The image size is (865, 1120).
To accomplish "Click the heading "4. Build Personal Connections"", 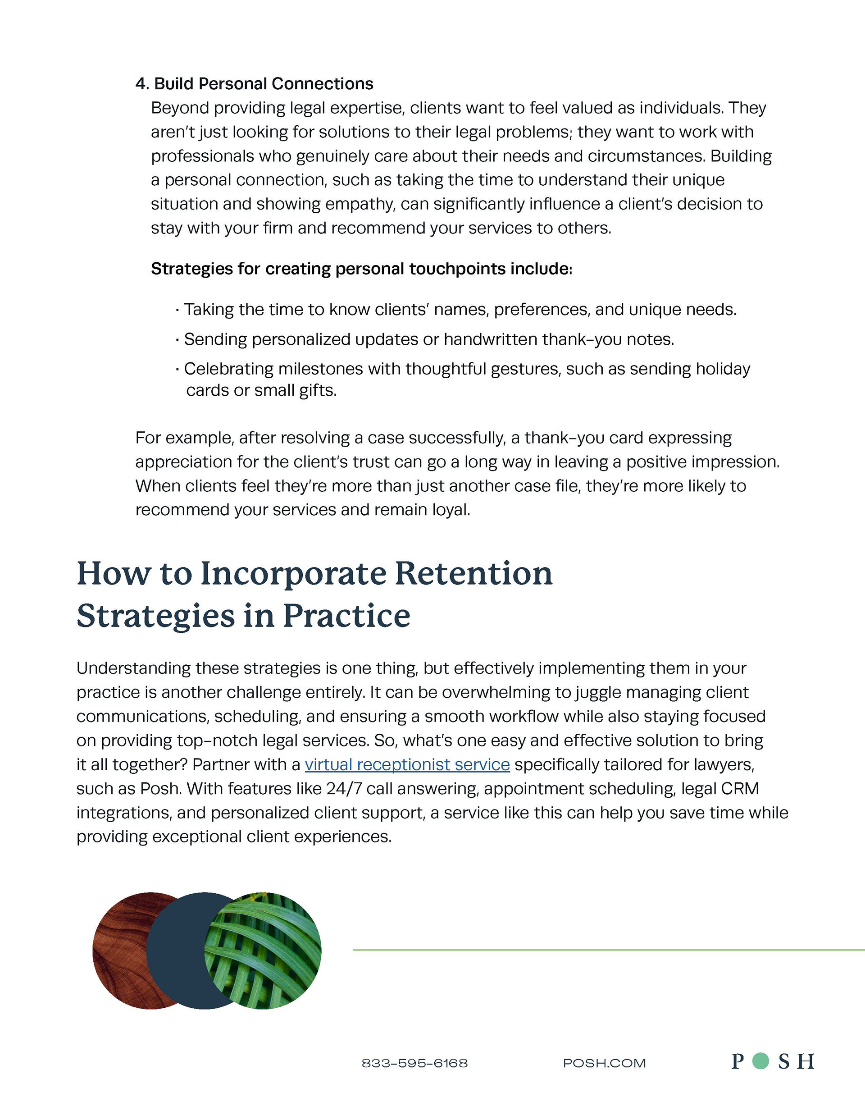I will pos(255,83).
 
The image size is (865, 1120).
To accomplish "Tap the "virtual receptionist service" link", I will pos(407,764).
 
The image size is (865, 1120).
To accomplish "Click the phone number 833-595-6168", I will pos(414,1063).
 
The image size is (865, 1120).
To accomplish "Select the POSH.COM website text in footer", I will pos(604,1063).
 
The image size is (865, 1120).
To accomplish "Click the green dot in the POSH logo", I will pos(760,1061).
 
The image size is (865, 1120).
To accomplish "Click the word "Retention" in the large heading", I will pos(473,573).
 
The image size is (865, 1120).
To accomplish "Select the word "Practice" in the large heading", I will pos(346,616).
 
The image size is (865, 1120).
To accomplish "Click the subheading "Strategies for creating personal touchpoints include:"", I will pos(361,269).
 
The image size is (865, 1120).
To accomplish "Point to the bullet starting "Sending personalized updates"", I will pos(428,339).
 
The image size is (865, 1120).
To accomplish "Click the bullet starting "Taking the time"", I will pos(460,310).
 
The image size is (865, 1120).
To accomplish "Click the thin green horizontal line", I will pos(608,950).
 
